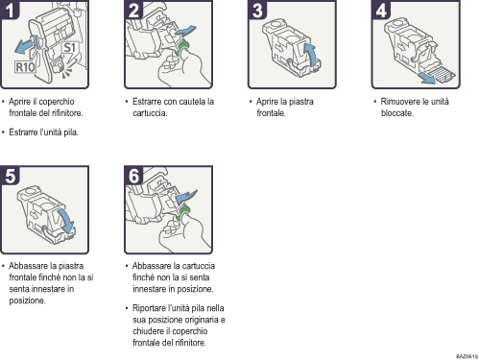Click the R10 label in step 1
click(x=27, y=66)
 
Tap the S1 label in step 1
click(x=69, y=46)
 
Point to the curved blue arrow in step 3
click(x=308, y=53)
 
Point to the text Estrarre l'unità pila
click(x=43, y=132)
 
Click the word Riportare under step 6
click(x=155, y=308)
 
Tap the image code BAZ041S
click(x=466, y=354)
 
